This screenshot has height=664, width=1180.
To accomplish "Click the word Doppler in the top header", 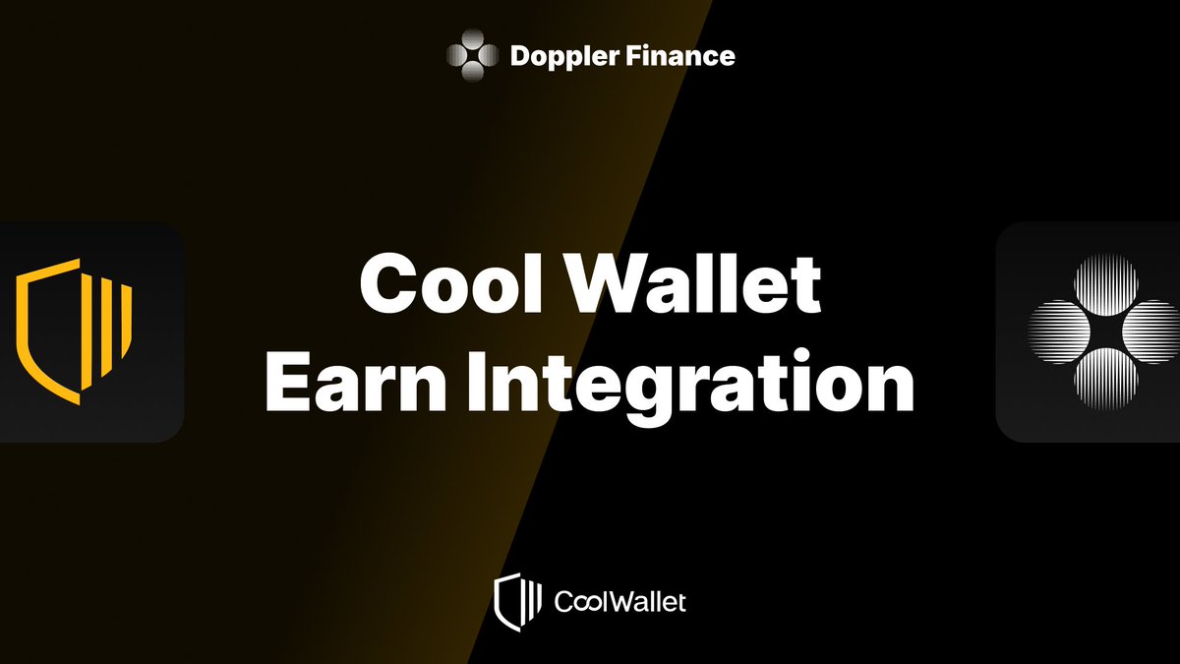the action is pos(563,56).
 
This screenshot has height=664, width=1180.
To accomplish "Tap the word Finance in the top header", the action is pos(679,55).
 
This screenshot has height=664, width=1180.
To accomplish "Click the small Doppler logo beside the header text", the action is pos(473,55).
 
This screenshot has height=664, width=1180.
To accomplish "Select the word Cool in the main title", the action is pos(451,283).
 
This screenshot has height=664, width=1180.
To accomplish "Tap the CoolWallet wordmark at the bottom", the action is pos(620,601).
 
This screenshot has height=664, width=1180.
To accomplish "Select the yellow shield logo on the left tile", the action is pos(74,332).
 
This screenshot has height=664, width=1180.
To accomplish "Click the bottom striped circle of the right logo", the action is pos(1105,379).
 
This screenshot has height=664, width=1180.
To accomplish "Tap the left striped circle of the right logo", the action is pos(1056,332).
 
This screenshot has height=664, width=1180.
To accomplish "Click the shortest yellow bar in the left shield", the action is pos(127,322).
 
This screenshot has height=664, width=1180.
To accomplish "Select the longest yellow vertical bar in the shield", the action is pos(88,332).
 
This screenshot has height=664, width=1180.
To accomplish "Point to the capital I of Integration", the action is pos(477,381).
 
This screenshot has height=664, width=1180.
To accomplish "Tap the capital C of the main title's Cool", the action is pos(386,284).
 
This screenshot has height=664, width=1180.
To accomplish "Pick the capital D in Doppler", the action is pos(521,56).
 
